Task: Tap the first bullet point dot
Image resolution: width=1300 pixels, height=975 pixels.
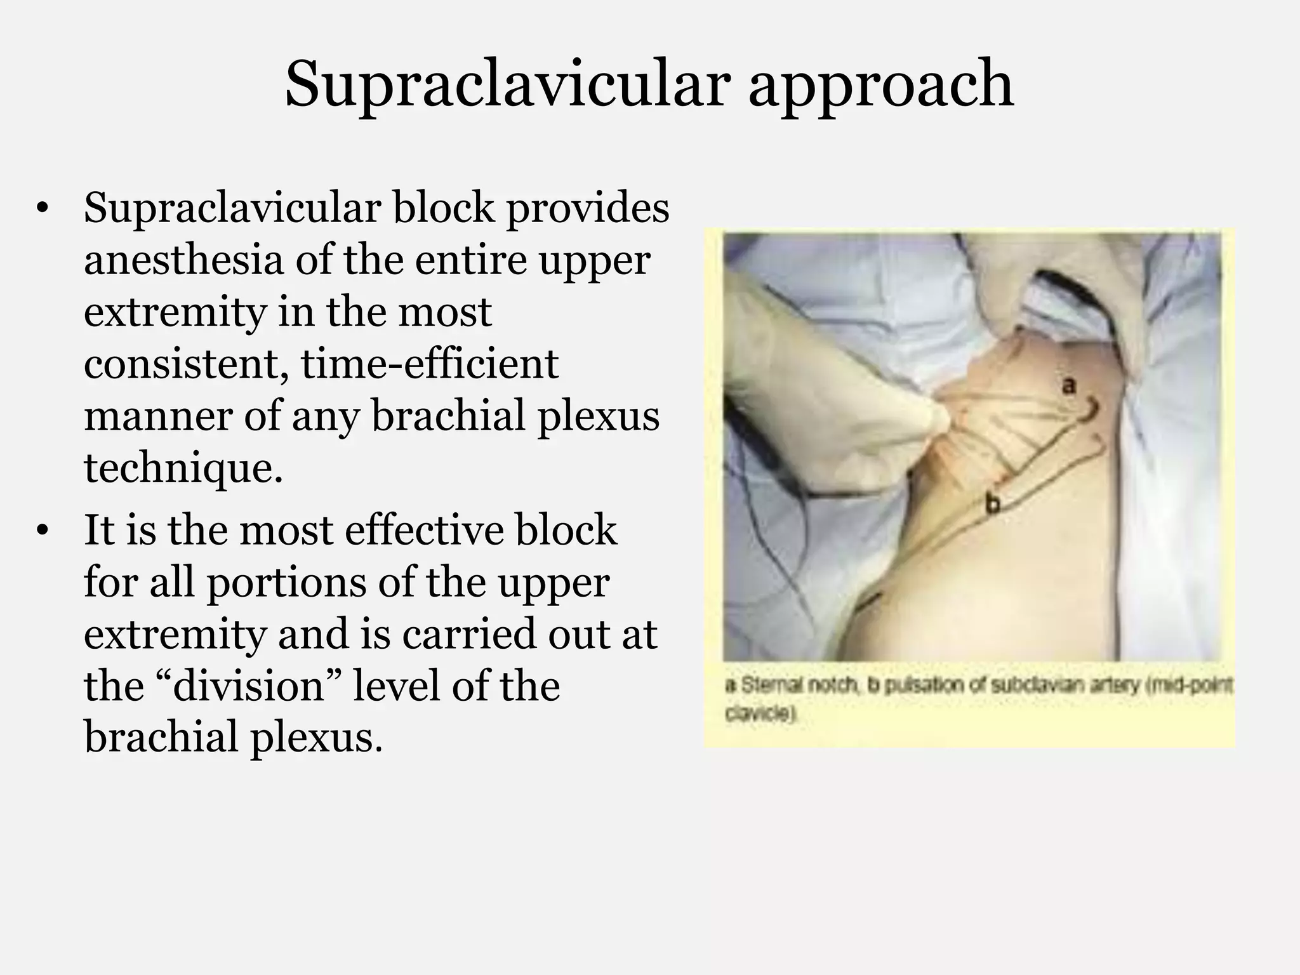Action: pos(43,209)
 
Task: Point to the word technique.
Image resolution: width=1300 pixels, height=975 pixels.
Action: pos(183,470)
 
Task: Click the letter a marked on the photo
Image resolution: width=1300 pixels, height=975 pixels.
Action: pos(1069,385)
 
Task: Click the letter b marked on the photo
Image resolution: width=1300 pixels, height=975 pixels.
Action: pos(993,504)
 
